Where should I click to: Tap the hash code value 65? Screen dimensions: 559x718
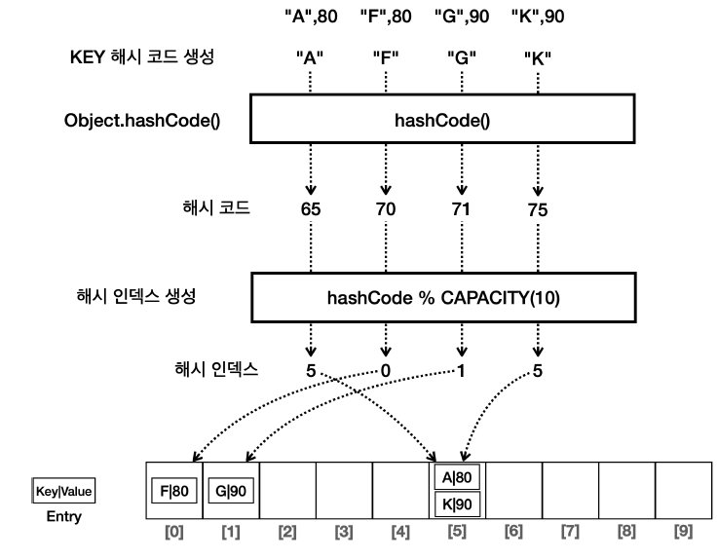tap(311, 209)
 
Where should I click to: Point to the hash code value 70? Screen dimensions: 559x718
tap(386, 209)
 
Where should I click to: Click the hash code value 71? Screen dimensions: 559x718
tap(460, 209)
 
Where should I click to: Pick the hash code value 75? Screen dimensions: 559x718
tap(536, 209)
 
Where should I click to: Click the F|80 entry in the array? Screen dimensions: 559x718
tap(173, 490)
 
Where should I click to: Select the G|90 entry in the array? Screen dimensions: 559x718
tap(230, 490)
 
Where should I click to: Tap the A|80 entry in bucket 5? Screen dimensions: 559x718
tap(456, 477)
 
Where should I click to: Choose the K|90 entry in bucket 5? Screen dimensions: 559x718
tap(456, 504)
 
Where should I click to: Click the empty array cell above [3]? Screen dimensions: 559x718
tap(343, 490)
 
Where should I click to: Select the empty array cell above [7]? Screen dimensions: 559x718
tap(569, 490)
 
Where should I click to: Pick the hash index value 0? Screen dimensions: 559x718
tap(386, 370)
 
